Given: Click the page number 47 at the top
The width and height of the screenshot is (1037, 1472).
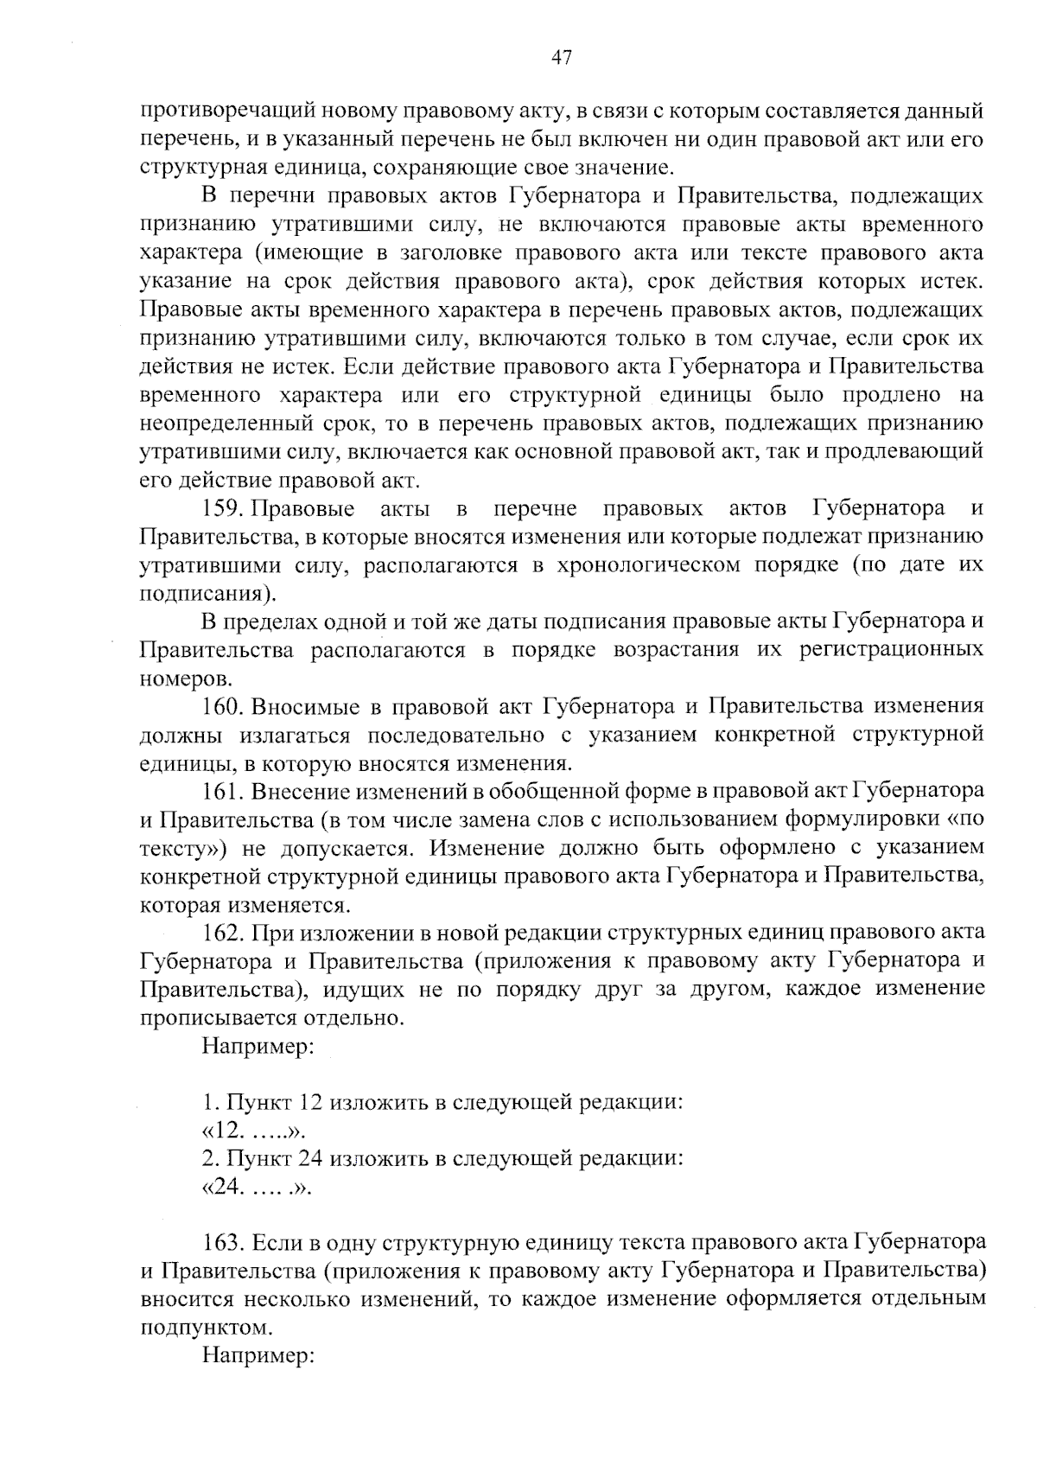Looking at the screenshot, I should [x=561, y=58].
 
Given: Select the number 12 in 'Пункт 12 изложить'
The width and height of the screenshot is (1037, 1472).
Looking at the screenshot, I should [x=309, y=1102].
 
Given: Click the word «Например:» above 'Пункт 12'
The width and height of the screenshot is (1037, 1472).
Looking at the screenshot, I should [x=257, y=1047].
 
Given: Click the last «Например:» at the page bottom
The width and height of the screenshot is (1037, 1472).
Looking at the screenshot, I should [x=257, y=1356].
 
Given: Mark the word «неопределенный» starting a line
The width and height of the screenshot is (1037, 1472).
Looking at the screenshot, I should [x=225, y=424].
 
